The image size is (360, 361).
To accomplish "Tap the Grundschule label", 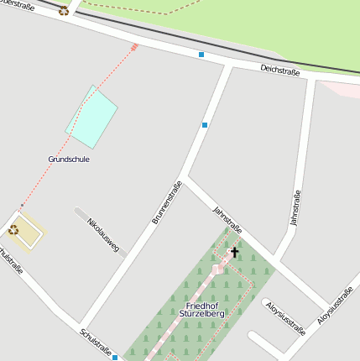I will point(69,159).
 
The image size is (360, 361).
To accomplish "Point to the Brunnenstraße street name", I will point(167,202).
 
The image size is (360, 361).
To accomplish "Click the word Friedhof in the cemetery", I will point(203,305).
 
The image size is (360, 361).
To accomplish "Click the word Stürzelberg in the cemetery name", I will point(201,313).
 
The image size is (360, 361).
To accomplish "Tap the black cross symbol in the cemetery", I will point(234,252).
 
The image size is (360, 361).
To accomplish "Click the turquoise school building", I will point(91,115).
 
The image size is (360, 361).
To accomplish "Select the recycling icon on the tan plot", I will point(13,229).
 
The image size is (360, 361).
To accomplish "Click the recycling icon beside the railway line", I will point(64,11).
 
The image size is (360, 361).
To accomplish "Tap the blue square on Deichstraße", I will point(201,55).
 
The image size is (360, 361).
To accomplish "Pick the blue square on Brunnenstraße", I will point(204,125).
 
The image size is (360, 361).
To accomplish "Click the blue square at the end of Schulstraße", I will point(115,357).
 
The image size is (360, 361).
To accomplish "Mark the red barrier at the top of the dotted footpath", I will point(134,47).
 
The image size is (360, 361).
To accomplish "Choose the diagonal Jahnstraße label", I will point(227,219).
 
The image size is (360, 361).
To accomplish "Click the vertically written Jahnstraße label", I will point(295,208).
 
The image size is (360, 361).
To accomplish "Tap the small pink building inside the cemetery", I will point(217,269).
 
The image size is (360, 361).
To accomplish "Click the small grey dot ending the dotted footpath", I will point(22,206).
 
